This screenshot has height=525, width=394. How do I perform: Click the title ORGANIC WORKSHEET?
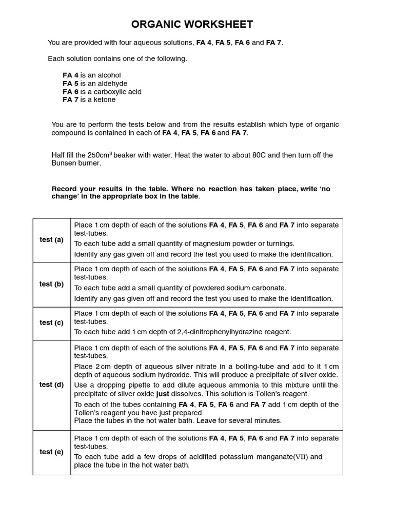click(192, 24)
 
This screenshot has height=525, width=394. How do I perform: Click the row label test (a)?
click(51, 240)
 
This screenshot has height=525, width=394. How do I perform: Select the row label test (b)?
click(51, 284)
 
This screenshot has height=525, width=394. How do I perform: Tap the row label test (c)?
click(51, 322)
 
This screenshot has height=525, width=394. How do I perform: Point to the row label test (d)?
click(51, 385)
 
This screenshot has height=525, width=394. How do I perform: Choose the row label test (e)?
click(51, 452)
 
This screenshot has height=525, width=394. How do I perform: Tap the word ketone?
click(105, 100)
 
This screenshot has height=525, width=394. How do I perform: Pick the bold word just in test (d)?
click(163, 394)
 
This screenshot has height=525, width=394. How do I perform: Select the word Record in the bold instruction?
click(66, 189)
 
